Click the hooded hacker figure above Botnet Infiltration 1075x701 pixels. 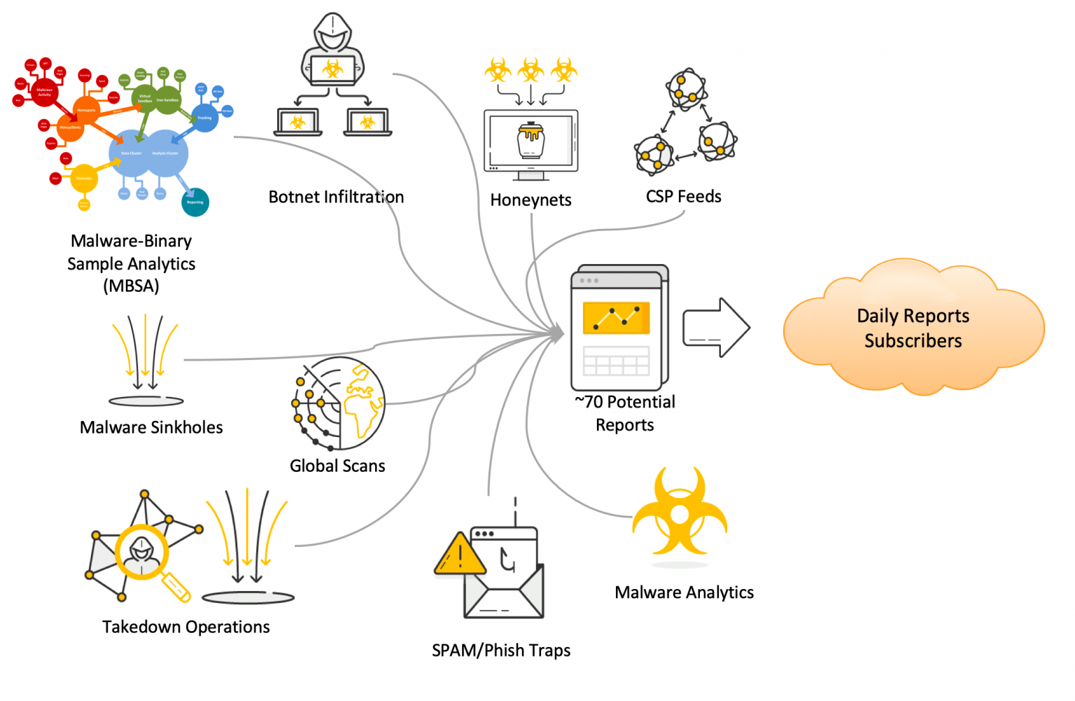332,49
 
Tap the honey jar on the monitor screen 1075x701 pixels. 531,139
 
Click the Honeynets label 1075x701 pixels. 531,200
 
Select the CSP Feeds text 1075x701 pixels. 683,197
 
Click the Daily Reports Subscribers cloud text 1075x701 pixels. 913,328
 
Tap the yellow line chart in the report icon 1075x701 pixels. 616,319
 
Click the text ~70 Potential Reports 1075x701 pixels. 625,413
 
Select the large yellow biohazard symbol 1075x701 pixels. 680,515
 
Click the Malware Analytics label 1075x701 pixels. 684,592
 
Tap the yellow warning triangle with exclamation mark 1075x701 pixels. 460,555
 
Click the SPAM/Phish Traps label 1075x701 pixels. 501,651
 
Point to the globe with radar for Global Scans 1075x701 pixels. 340,404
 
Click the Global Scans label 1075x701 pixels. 337,466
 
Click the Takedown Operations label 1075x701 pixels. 186,627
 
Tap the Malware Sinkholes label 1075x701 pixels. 151,428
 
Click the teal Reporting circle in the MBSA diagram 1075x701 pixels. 195,202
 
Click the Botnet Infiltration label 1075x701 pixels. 336,197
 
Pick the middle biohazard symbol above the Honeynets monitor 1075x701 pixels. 531,69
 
